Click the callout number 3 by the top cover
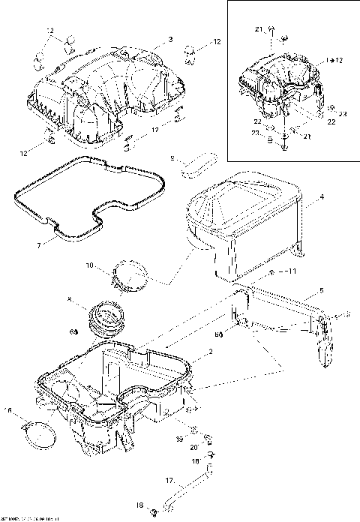coord(170,38)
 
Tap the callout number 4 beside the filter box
coord(321,197)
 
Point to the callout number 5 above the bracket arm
coord(321,290)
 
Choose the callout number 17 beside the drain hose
coord(169,480)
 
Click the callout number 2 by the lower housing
coord(211,352)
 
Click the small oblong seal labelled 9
coord(198,164)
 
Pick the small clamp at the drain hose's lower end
coord(153,511)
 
